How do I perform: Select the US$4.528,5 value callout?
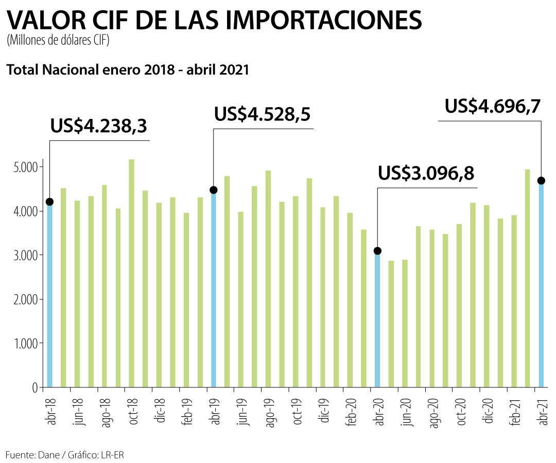coord(263,114)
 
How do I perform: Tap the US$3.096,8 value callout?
coord(426,173)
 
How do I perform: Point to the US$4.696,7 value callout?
coord(493,106)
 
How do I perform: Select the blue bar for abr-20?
coord(377,319)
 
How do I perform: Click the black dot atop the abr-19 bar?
coord(214,190)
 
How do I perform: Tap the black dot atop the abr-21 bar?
coord(541,181)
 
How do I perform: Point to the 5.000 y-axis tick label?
coord(24,167)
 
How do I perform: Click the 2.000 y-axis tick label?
coord(24,299)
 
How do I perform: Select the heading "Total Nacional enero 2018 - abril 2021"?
coord(128,69)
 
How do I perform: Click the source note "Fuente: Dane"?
coord(28,455)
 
